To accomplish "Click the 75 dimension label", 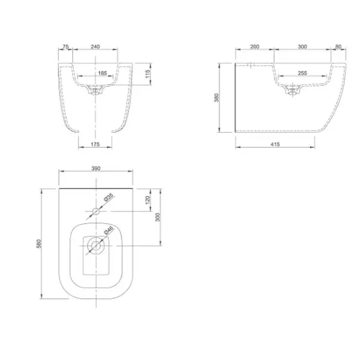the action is pyautogui.click(x=66, y=47).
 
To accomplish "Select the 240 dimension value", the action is pyautogui.click(x=95, y=47).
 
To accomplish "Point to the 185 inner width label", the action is pyautogui.click(x=102, y=73).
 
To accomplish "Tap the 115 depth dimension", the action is pyautogui.click(x=148, y=74).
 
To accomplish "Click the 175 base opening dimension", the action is pyautogui.click(x=95, y=144).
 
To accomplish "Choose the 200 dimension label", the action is pyautogui.click(x=255, y=47).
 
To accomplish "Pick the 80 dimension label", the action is pyautogui.click(x=338, y=47).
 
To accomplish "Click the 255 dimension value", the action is pyautogui.click(x=302, y=73).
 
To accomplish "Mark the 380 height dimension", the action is pyautogui.click(x=217, y=98).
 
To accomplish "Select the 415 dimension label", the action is pyautogui.click(x=275, y=144).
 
